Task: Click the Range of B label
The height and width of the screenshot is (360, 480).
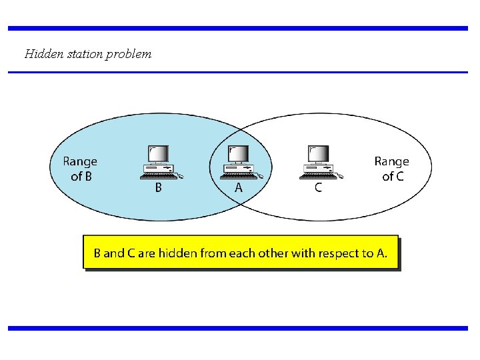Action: tap(80, 169)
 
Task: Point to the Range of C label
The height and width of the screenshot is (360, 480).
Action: tap(392, 169)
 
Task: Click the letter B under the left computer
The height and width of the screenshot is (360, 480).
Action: tap(158, 188)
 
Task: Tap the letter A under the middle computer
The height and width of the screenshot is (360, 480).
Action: tap(238, 188)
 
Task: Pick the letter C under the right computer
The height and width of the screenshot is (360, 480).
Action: tap(318, 188)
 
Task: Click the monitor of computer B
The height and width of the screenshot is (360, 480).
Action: tap(158, 154)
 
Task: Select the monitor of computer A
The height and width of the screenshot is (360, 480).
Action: tap(238, 154)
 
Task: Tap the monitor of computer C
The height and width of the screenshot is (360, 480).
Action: tap(317, 154)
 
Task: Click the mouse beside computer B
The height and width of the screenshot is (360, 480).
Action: tap(179, 177)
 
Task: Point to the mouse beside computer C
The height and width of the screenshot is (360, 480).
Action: tap(339, 177)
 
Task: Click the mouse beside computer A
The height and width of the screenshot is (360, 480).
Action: tap(259, 177)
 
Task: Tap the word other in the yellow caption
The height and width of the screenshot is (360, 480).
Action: tap(271, 253)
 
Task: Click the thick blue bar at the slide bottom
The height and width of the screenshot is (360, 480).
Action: tap(238, 328)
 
